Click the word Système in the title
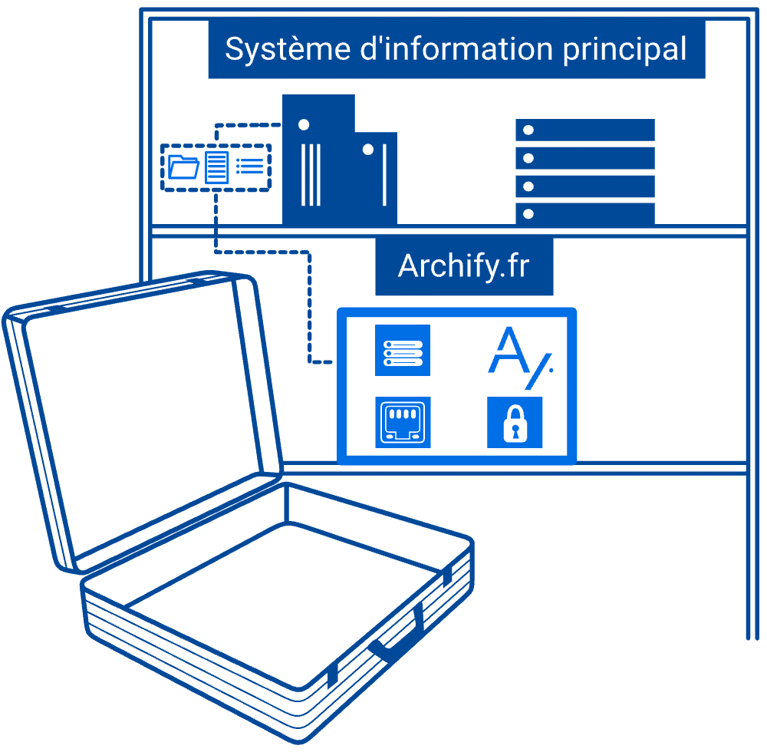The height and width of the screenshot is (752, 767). pos(288,49)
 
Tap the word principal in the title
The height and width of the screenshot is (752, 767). pos(624,49)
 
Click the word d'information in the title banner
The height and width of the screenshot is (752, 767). pos(456,48)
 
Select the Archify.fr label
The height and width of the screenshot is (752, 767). pos(464,266)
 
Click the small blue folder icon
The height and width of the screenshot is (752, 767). pos(183,167)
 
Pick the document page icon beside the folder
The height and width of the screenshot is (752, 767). pos(217,167)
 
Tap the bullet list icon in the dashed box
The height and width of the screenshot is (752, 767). pos(250,167)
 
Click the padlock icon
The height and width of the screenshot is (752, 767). pos(515,422)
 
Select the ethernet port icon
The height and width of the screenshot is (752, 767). pos(403,422)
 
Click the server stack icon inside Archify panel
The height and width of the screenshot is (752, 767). pos(403,351)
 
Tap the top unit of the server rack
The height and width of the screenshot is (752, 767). pos(585,130)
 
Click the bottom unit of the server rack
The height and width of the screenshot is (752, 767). pos(585,214)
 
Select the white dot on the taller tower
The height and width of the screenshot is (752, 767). pos(304,125)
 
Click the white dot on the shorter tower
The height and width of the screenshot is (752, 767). pos(368,150)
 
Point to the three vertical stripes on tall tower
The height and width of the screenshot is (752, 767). pos(311,175)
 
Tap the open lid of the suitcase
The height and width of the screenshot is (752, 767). pos(142,421)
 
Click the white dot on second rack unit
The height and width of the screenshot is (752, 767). pos(528,158)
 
